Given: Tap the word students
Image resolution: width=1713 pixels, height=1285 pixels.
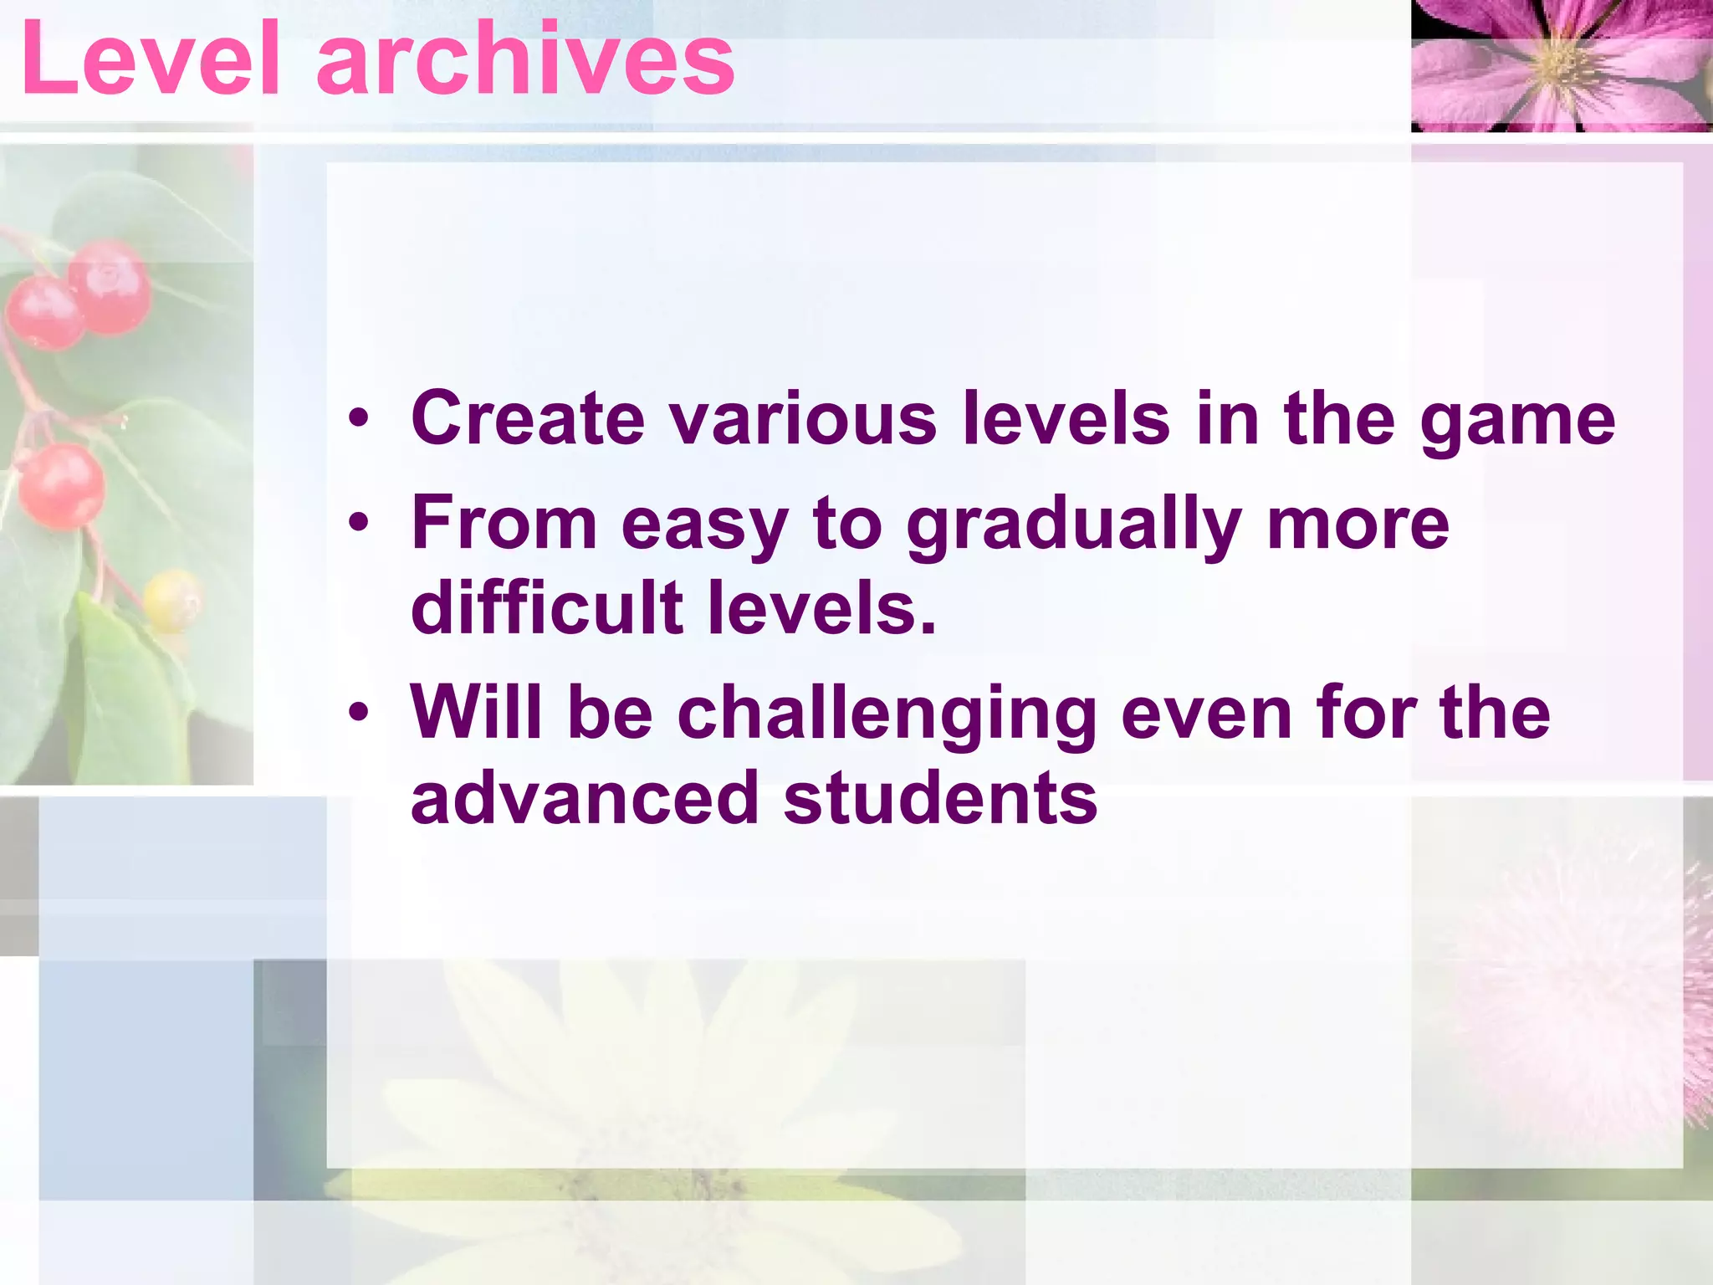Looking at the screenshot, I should pyautogui.click(x=940, y=798).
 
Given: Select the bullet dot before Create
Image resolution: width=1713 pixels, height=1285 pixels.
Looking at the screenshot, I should pyautogui.click(x=359, y=418).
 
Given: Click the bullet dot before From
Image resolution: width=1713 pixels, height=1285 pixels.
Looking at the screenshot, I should pyautogui.click(x=359, y=524).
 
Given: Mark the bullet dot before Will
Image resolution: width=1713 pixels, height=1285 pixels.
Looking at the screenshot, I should pyautogui.click(x=359, y=713).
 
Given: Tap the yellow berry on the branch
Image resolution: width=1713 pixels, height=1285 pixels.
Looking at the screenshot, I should pyautogui.click(x=171, y=599).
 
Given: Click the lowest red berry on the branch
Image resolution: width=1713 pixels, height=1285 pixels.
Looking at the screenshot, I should pyautogui.click(x=61, y=486).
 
